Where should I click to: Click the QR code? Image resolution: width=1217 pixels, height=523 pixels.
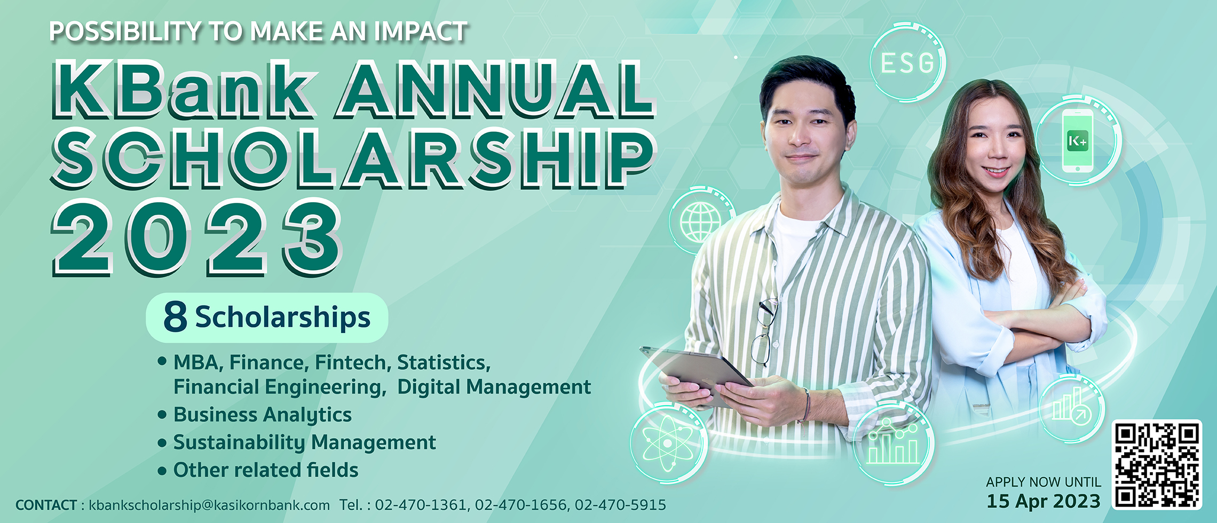click(x=1157, y=465)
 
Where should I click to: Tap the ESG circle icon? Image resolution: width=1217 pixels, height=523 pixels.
click(x=907, y=62)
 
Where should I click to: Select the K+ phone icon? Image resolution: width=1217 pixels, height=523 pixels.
click(x=1078, y=141)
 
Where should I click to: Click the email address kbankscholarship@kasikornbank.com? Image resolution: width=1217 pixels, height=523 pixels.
click(x=209, y=505)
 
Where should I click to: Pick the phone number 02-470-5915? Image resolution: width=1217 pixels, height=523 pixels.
click(x=620, y=505)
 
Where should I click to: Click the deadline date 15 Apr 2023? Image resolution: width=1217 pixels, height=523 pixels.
click(x=1043, y=501)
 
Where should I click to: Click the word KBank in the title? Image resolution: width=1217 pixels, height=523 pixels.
click(x=185, y=89)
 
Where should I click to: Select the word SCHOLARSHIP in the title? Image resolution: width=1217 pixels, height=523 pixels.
click(x=353, y=158)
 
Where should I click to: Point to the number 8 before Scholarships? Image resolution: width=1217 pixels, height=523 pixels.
click(x=175, y=316)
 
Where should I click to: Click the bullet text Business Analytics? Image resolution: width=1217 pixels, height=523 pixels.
click(x=263, y=415)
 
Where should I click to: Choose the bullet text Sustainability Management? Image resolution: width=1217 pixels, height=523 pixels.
click(x=305, y=442)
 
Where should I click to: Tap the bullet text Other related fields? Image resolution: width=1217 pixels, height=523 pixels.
click(x=266, y=470)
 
